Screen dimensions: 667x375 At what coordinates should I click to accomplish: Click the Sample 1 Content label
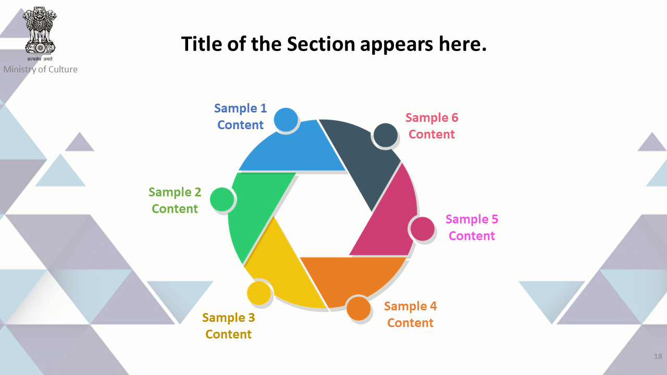240,116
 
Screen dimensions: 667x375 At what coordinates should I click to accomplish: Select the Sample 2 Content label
175,201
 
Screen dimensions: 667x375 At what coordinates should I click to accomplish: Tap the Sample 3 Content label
228,326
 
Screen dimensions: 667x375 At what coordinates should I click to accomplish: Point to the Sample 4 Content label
410,314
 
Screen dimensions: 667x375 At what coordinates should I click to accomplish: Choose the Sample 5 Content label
472,228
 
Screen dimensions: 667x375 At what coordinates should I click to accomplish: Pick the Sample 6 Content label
432,126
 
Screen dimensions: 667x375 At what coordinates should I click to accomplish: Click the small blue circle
286,120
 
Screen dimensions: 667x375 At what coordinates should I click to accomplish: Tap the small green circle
222,199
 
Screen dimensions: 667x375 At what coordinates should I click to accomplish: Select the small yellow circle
259,293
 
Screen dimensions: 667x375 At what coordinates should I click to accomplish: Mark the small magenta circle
423,229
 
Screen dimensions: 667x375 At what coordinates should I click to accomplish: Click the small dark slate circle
386,135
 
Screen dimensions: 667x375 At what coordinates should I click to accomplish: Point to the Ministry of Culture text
41,69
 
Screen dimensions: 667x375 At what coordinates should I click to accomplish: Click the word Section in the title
320,44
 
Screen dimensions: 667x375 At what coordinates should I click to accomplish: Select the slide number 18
658,356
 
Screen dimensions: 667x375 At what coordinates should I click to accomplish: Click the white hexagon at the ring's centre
323,214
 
